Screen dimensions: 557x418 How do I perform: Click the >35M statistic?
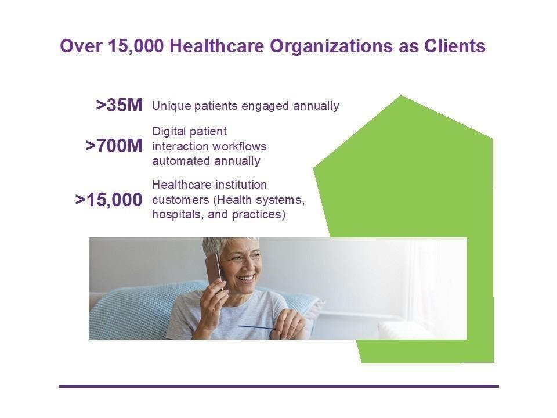[120, 105]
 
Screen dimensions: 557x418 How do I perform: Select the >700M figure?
[114, 146]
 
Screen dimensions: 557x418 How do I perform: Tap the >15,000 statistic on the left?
[108, 200]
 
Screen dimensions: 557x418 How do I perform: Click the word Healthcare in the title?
[216, 46]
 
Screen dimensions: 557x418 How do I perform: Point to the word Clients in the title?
[455, 46]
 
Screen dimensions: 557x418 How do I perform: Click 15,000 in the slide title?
[136, 46]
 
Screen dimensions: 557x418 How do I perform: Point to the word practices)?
[259, 215]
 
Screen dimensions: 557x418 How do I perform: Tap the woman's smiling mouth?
[246, 278]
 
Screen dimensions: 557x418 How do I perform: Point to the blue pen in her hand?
[256, 327]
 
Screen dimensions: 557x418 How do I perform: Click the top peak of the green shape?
[401, 96]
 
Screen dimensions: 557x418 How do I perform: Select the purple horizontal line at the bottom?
[279, 387]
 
